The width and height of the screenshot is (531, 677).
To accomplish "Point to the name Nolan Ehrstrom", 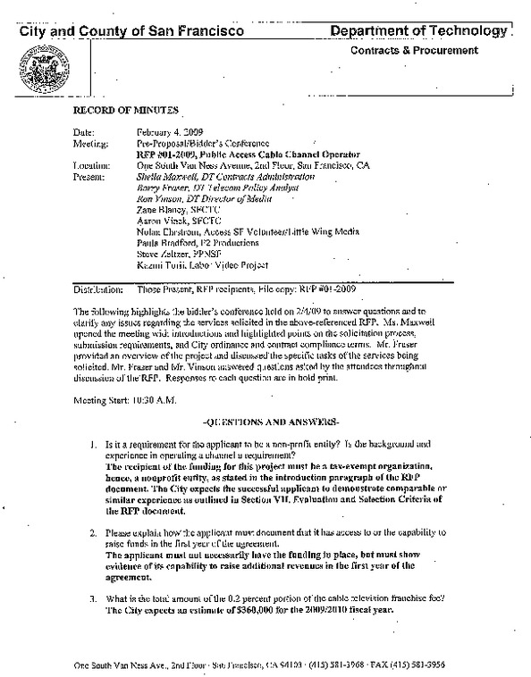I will click(167, 232).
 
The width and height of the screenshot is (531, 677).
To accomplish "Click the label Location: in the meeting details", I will click(91, 165).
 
